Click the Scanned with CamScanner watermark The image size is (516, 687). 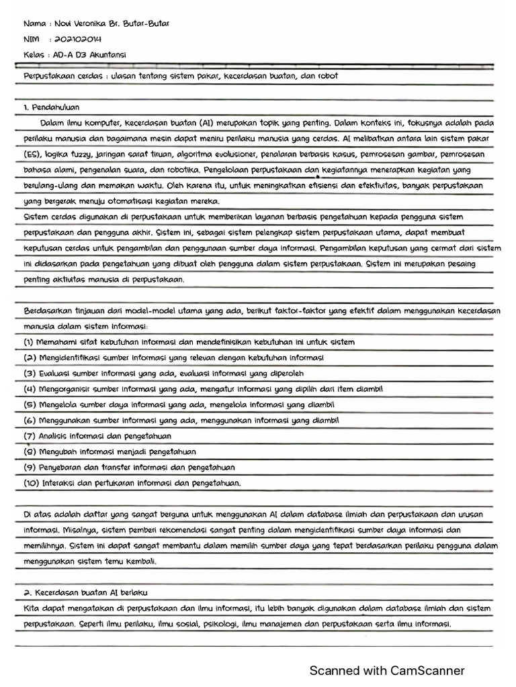click(x=386, y=670)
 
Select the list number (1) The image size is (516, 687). click(x=29, y=342)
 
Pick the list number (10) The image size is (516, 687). click(x=31, y=482)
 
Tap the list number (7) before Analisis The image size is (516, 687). click(x=29, y=436)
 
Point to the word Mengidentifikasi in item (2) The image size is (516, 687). click(x=69, y=358)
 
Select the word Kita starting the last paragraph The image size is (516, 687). click(x=31, y=609)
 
